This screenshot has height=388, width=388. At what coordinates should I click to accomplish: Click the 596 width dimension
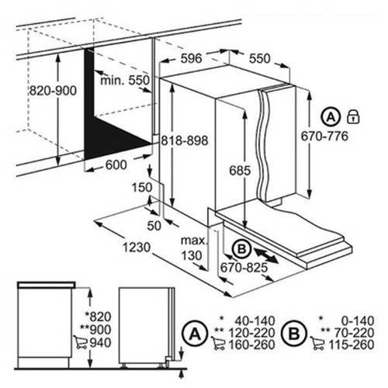pyautogui.click(x=191, y=58)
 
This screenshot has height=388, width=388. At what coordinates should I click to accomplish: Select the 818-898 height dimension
pyautogui.click(x=185, y=140)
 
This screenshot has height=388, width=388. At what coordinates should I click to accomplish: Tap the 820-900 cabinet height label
pyautogui.click(x=53, y=91)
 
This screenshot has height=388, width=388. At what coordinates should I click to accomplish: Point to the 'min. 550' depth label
pyautogui.click(x=125, y=81)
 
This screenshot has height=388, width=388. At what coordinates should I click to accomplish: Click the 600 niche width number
pyautogui.click(x=116, y=165)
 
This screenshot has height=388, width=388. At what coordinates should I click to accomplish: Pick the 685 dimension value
pyautogui.click(x=240, y=171)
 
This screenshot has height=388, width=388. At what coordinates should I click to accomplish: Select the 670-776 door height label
pyautogui.click(x=324, y=136)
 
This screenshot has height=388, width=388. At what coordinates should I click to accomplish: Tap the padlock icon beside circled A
pyautogui.click(x=353, y=116)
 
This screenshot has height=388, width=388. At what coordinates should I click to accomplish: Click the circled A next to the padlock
pyautogui.click(x=331, y=117)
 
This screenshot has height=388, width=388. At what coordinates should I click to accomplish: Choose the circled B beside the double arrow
pyautogui.click(x=242, y=249)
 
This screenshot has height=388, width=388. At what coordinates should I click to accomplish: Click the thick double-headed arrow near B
pyautogui.click(x=266, y=255)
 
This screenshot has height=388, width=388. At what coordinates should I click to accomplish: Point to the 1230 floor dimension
pyautogui.click(x=137, y=248)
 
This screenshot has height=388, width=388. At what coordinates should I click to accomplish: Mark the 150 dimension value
pyautogui.click(x=142, y=188)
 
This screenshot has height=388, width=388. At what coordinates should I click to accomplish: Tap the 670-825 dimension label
pyautogui.click(x=244, y=268)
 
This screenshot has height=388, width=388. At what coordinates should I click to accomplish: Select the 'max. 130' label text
pyautogui.click(x=194, y=248)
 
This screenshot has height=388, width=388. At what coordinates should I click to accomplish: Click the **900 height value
pyautogui.click(x=95, y=330)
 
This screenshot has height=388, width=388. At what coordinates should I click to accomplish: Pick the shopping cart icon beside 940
pyautogui.click(x=80, y=342)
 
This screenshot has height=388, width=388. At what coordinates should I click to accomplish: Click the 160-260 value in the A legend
pyautogui.click(x=251, y=345)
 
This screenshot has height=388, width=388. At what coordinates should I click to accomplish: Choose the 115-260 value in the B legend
pyautogui.click(x=352, y=345)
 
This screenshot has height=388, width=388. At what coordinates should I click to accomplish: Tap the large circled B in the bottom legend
pyautogui.click(x=294, y=334)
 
